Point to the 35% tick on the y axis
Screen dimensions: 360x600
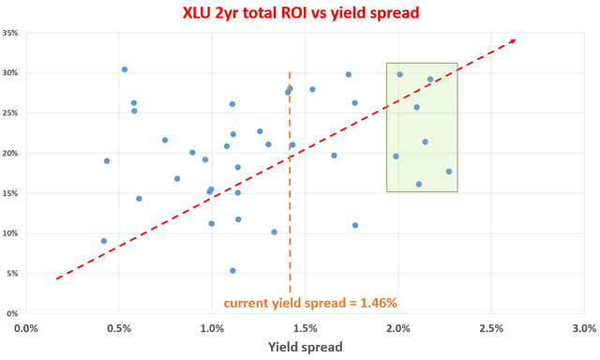tap(12, 33)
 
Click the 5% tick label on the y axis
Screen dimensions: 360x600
tap(14, 274)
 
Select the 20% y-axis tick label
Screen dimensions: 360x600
tap(12, 153)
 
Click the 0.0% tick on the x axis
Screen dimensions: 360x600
tap(26, 327)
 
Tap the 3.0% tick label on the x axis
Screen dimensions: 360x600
tap(583, 327)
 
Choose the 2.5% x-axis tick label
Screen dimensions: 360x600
tap(490, 327)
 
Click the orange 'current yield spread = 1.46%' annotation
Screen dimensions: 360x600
tap(310, 303)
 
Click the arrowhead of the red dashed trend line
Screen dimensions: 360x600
tap(512, 40)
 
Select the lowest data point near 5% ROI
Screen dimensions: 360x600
tap(232, 270)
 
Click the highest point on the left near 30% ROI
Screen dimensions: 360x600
tap(125, 69)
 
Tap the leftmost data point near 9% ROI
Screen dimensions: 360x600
tap(104, 241)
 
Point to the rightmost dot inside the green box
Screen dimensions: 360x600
tap(449, 172)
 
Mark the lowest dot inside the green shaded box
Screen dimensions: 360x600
tap(419, 184)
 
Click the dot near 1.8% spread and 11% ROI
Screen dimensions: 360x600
tap(355, 225)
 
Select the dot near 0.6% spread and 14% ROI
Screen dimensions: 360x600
tap(139, 199)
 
